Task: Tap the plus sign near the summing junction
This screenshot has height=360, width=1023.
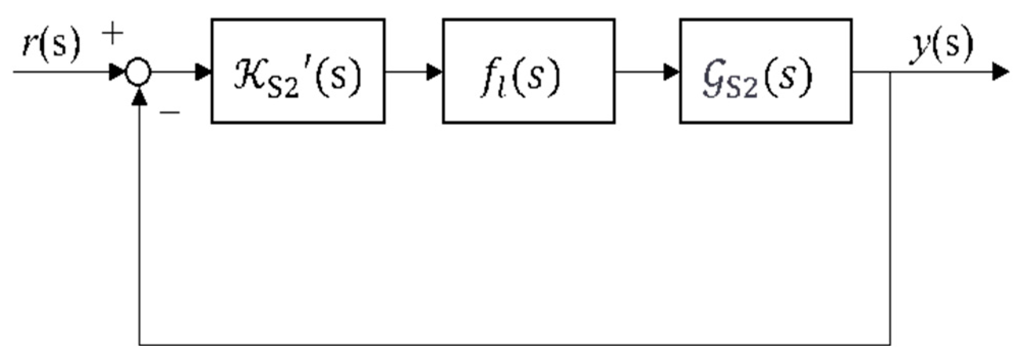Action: (113, 35)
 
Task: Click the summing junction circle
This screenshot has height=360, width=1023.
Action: (139, 72)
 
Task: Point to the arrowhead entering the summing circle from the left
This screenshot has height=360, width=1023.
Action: (118, 72)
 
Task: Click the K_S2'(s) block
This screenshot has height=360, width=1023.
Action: (298, 71)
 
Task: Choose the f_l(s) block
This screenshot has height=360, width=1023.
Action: (529, 71)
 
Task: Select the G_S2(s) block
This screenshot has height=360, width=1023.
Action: (765, 71)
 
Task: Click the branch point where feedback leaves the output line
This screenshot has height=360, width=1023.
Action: (890, 72)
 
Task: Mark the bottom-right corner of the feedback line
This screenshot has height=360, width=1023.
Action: (890, 345)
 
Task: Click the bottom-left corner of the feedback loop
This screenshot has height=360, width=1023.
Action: (139, 345)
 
